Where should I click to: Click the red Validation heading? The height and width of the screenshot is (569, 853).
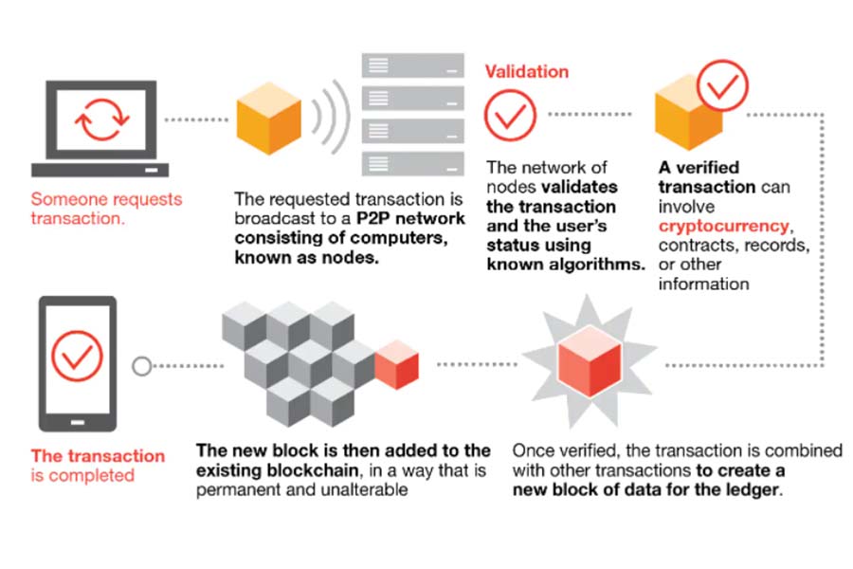[x=527, y=71]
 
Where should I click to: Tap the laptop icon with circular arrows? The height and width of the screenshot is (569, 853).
[x=100, y=129]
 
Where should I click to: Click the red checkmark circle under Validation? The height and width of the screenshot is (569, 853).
[x=510, y=116]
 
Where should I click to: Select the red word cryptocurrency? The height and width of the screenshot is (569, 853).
[x=723, y=226]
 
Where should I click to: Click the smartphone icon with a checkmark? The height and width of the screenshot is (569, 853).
[x=78, y=364]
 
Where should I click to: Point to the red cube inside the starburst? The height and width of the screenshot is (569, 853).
[x=590, y=361]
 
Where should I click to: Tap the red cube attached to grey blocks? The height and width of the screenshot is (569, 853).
[x=396, y=364]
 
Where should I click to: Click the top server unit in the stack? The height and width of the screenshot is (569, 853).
[x=413, y=65]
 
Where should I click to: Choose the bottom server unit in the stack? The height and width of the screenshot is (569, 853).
[x=413, y=163]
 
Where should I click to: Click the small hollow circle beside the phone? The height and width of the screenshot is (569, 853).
[x=142, y=366]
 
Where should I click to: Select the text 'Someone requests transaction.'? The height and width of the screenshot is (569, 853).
[x=106, y=209]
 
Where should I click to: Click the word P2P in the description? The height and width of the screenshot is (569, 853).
[x=372, y=218]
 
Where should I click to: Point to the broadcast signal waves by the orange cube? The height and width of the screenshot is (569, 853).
[x=330, y=117]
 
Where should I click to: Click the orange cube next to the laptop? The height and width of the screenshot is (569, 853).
[x=269, y=119]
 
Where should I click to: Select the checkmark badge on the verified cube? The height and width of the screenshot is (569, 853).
[x=722, y=86]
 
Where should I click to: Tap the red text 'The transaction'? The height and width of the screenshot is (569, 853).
[x=98, y=456]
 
